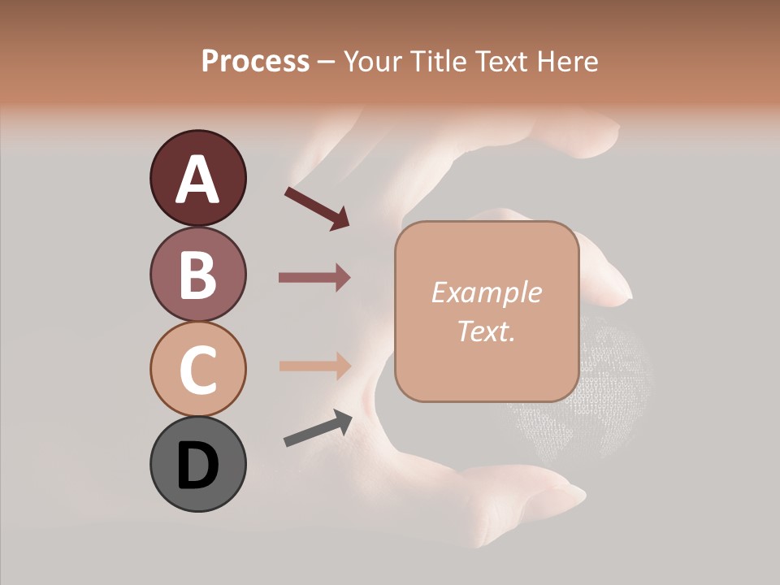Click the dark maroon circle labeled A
tap(197, 178)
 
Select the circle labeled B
tap(197, 274)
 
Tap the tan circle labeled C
tap(197, 370)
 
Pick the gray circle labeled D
tap(197, 465)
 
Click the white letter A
tap(198, 180)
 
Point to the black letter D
tap(198, 466)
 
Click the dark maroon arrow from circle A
tap(317, 208)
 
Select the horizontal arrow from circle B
tap(314, 278)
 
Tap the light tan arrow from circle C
tap(314, 366)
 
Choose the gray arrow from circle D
tap(318, 429)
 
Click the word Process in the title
tap(255, 61)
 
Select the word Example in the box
tap(486, 293)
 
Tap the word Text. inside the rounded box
tap(486, 331)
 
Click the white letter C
tap(198, 370)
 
